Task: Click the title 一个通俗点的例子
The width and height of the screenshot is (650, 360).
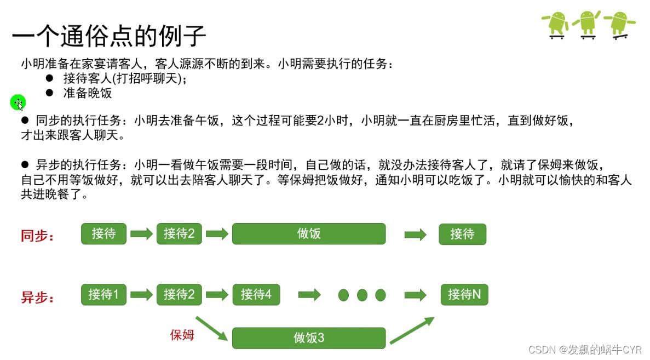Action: click(109, 37)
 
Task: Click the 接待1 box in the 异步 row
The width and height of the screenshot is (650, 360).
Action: click(103, 295)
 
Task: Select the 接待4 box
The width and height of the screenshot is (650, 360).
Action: click(256, 295)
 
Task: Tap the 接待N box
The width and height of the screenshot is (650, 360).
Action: click(464, 295)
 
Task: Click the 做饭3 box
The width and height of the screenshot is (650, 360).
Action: click(309, 338)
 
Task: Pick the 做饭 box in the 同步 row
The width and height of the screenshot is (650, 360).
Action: click(309, 234)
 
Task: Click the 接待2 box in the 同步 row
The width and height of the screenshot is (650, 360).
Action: click(179, 234)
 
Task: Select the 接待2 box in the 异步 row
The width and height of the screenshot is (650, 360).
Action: click(179, 295)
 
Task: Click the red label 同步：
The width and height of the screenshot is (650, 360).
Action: click(37, 236)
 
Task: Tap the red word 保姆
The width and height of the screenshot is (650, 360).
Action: click(182, 335)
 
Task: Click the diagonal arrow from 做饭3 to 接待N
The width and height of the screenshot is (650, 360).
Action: click(412, 330)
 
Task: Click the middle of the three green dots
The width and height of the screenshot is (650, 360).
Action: click(362, 295)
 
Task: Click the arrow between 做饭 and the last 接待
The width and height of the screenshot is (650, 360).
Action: click(415, 235)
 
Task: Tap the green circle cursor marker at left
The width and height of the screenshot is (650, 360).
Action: click(18, 102)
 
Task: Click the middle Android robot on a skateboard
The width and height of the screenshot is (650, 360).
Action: click(587, 24)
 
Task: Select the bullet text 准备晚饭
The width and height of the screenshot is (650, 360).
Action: click(88, 93)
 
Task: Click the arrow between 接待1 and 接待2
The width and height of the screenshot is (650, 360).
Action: click(141, 295)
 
